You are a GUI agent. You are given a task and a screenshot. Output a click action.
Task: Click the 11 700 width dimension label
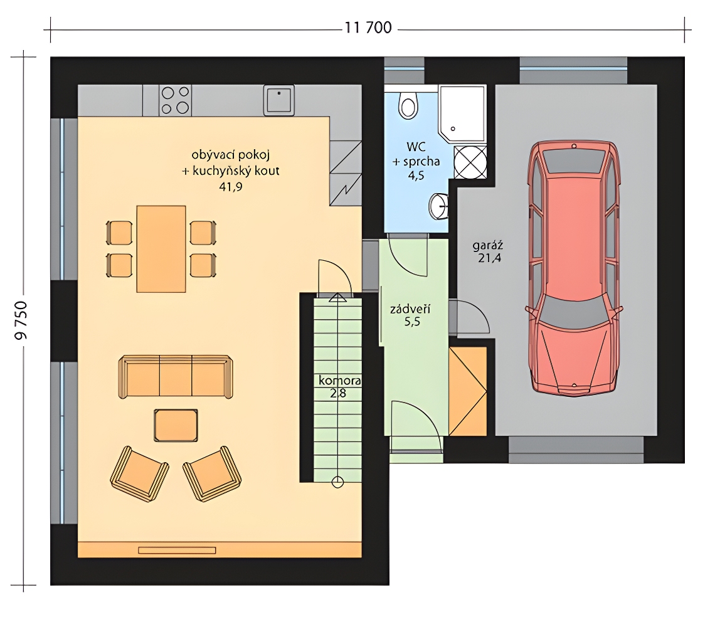point(368,28)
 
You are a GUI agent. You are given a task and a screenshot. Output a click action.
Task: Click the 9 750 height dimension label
point(21,320)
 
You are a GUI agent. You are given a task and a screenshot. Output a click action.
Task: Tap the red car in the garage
point(574,268)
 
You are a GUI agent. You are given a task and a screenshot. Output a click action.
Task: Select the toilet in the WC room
point(408,105)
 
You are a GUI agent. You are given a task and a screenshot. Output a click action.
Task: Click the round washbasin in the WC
point(438,206)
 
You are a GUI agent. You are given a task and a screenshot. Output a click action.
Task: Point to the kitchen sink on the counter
point(278,100)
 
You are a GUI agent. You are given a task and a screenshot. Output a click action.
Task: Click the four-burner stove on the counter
point(175,100)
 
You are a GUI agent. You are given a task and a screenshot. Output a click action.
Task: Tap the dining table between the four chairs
point(161,249)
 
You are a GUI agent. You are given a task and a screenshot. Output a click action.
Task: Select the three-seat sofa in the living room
point(176,377)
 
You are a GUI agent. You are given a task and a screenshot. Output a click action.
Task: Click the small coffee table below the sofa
point(176,426)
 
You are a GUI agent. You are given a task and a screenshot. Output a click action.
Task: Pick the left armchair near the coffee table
point(139,474)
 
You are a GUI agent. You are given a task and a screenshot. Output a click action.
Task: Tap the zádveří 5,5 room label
point(410,315)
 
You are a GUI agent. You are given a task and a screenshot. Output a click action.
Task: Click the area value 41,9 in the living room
point(231,186)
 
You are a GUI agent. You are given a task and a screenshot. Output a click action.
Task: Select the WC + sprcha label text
point(416,154)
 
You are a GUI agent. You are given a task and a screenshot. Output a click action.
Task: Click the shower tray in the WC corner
point(462,113)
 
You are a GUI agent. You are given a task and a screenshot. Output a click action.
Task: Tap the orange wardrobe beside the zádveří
point(468,391)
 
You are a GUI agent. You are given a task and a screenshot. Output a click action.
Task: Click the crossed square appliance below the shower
point(470,162)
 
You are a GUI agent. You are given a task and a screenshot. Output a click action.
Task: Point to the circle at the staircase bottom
point(337,482)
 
